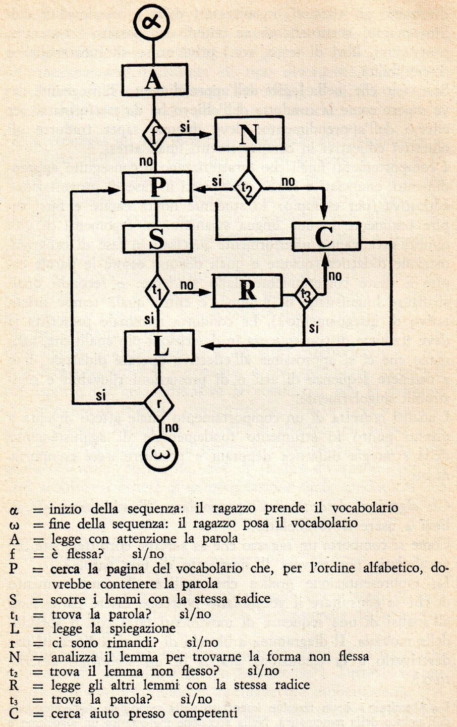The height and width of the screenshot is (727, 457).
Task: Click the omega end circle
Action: point(160,453)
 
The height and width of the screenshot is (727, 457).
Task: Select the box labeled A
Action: point(155,80)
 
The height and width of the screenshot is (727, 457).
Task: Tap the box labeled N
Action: point(249,134)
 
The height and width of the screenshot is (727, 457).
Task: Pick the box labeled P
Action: point(157,187)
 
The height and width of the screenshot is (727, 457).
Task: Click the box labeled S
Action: point(157,239)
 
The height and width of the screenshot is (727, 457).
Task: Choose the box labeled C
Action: point(326,237)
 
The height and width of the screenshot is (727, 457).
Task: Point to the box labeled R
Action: point(247,291)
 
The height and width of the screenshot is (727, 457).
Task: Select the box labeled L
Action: point(159,346)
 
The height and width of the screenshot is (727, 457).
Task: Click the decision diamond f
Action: point(155,135)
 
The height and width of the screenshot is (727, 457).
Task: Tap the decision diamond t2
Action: point(248,187)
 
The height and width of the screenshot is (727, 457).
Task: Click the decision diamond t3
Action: point(304,295)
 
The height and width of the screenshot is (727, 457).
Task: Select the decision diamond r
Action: point(159,404)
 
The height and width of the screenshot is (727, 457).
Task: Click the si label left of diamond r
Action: point(101,396)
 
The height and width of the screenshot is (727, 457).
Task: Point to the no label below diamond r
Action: point(172,428)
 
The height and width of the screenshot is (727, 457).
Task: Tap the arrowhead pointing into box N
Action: point(205,134)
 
